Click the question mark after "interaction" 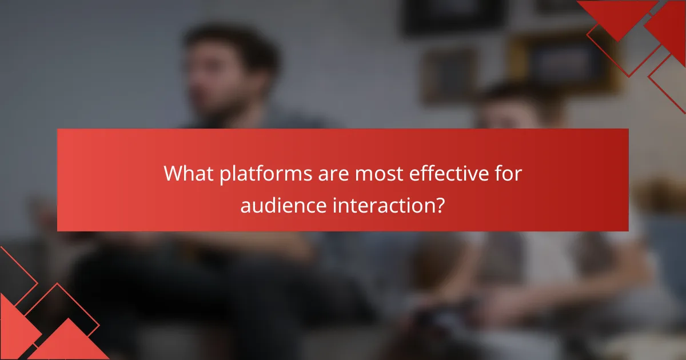click(x=438, y=204)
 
